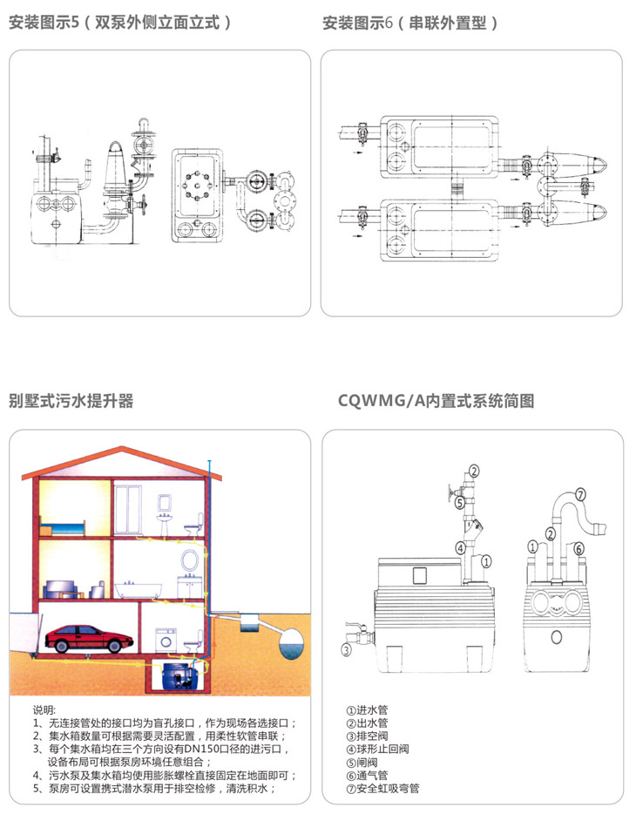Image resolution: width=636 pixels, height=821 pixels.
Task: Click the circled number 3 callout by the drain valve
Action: tap(346, 650)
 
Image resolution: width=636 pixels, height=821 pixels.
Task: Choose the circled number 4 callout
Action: tap(459, 548)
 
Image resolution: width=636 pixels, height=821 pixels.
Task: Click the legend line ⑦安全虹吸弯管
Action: tap(382, 789)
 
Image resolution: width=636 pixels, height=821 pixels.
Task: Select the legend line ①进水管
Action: tap(367, 709)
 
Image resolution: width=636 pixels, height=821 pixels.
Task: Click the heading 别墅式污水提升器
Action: tap(71, 402)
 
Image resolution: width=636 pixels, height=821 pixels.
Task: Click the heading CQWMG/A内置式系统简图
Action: tap(435, 402)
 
